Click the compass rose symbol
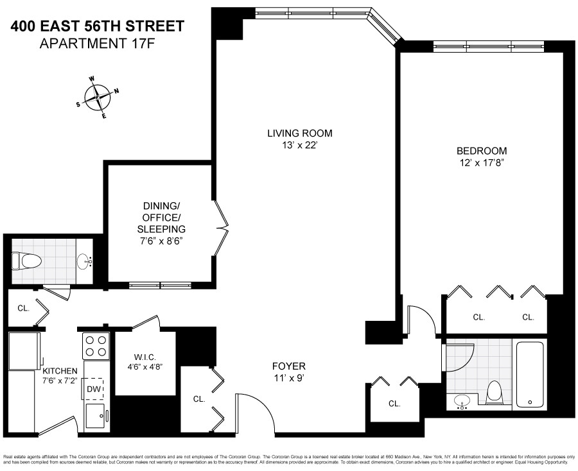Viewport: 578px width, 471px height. [x=98, y=97]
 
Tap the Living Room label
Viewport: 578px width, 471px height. [x=300, y=133]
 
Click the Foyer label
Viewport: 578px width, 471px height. [x=287, y=366]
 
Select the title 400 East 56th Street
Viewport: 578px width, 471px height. [x=98, y=26]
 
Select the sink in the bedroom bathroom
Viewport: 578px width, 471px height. [x=462, y=402]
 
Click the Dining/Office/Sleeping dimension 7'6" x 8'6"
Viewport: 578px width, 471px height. [x=164, y=241]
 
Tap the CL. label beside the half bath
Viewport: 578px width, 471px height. [x=23, y=308]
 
